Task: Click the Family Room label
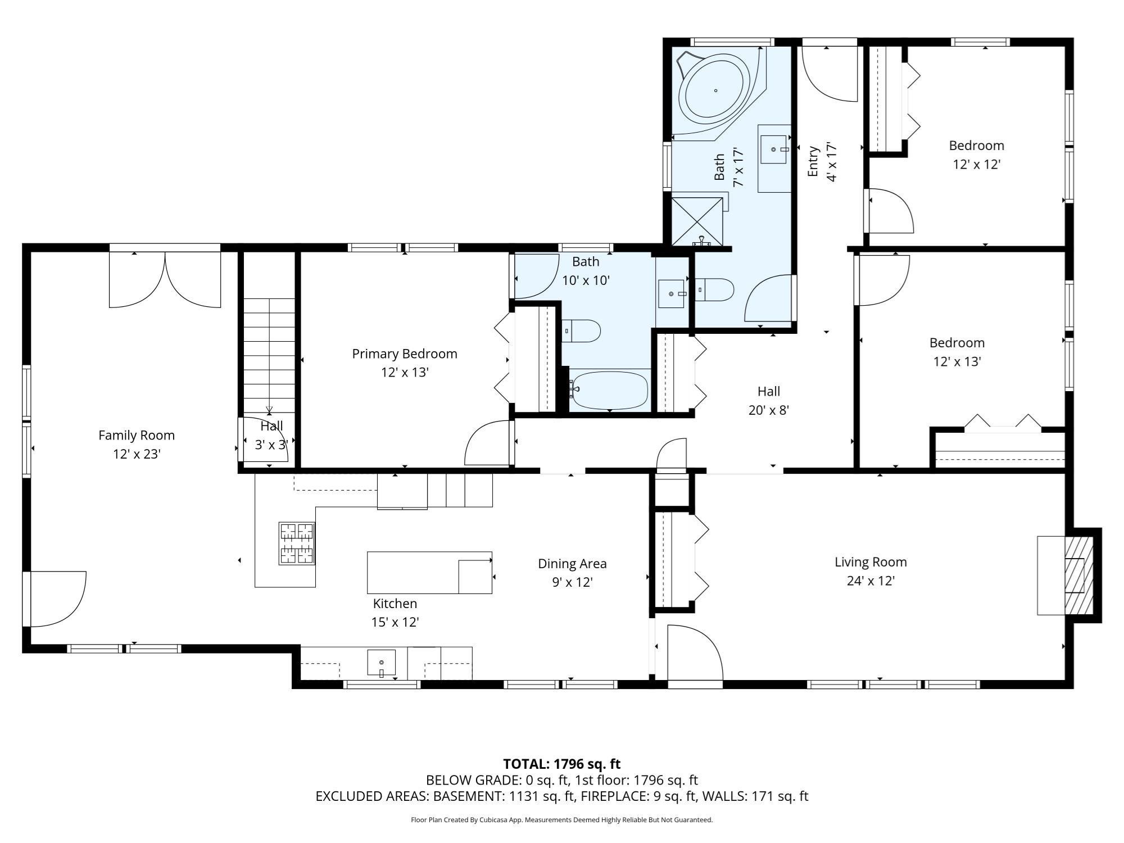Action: (x=137, y=435)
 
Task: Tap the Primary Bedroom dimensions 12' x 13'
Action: (x=405, y=372)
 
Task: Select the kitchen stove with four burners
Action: (x=297, y=543)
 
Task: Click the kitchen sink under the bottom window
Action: (x=382, y=662)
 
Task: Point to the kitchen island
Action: (x=429, y=572)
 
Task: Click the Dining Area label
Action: (x=572, y=564)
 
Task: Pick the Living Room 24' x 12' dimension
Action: (x=871, y=581)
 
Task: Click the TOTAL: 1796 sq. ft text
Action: (x=561, y=764)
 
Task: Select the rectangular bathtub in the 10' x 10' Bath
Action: (x=609, y=389)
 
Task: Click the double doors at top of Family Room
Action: (x=165, y=279)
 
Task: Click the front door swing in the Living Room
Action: (x=694, y=655)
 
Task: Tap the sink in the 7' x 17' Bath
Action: (x=774, y=149)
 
